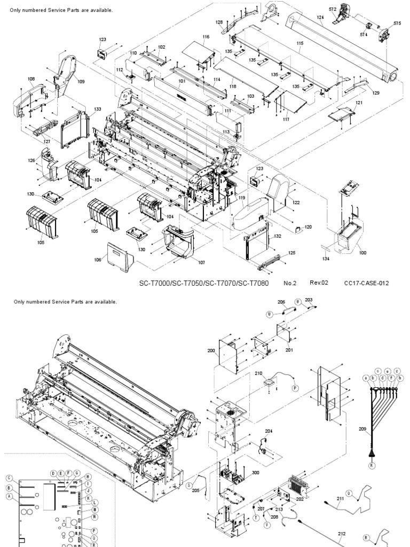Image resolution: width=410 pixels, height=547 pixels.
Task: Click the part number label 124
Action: coord(320,18)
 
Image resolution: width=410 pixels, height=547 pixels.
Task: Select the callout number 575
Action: coord(397,23)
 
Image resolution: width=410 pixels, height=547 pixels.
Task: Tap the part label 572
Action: coord(333,10)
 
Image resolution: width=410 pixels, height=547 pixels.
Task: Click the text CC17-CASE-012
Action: coord(366,283)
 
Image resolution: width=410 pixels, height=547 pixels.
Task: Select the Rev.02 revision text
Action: coord(319,283)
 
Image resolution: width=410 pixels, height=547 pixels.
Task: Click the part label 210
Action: coord(259,374)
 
